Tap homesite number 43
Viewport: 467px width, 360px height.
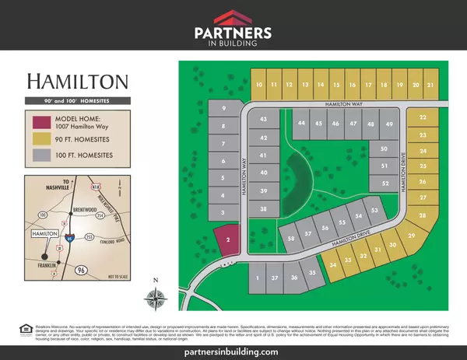coord(264,120)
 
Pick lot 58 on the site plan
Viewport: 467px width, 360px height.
coord(290,239)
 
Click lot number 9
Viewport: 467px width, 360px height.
coord(224,108)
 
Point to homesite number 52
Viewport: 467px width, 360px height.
coord(385,183)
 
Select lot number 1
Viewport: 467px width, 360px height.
coord(257,278)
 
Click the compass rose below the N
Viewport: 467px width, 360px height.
coord(156,298)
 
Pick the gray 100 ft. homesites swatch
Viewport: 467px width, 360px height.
coord(39,156)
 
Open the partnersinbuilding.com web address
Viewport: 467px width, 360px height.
coord(233,351)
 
